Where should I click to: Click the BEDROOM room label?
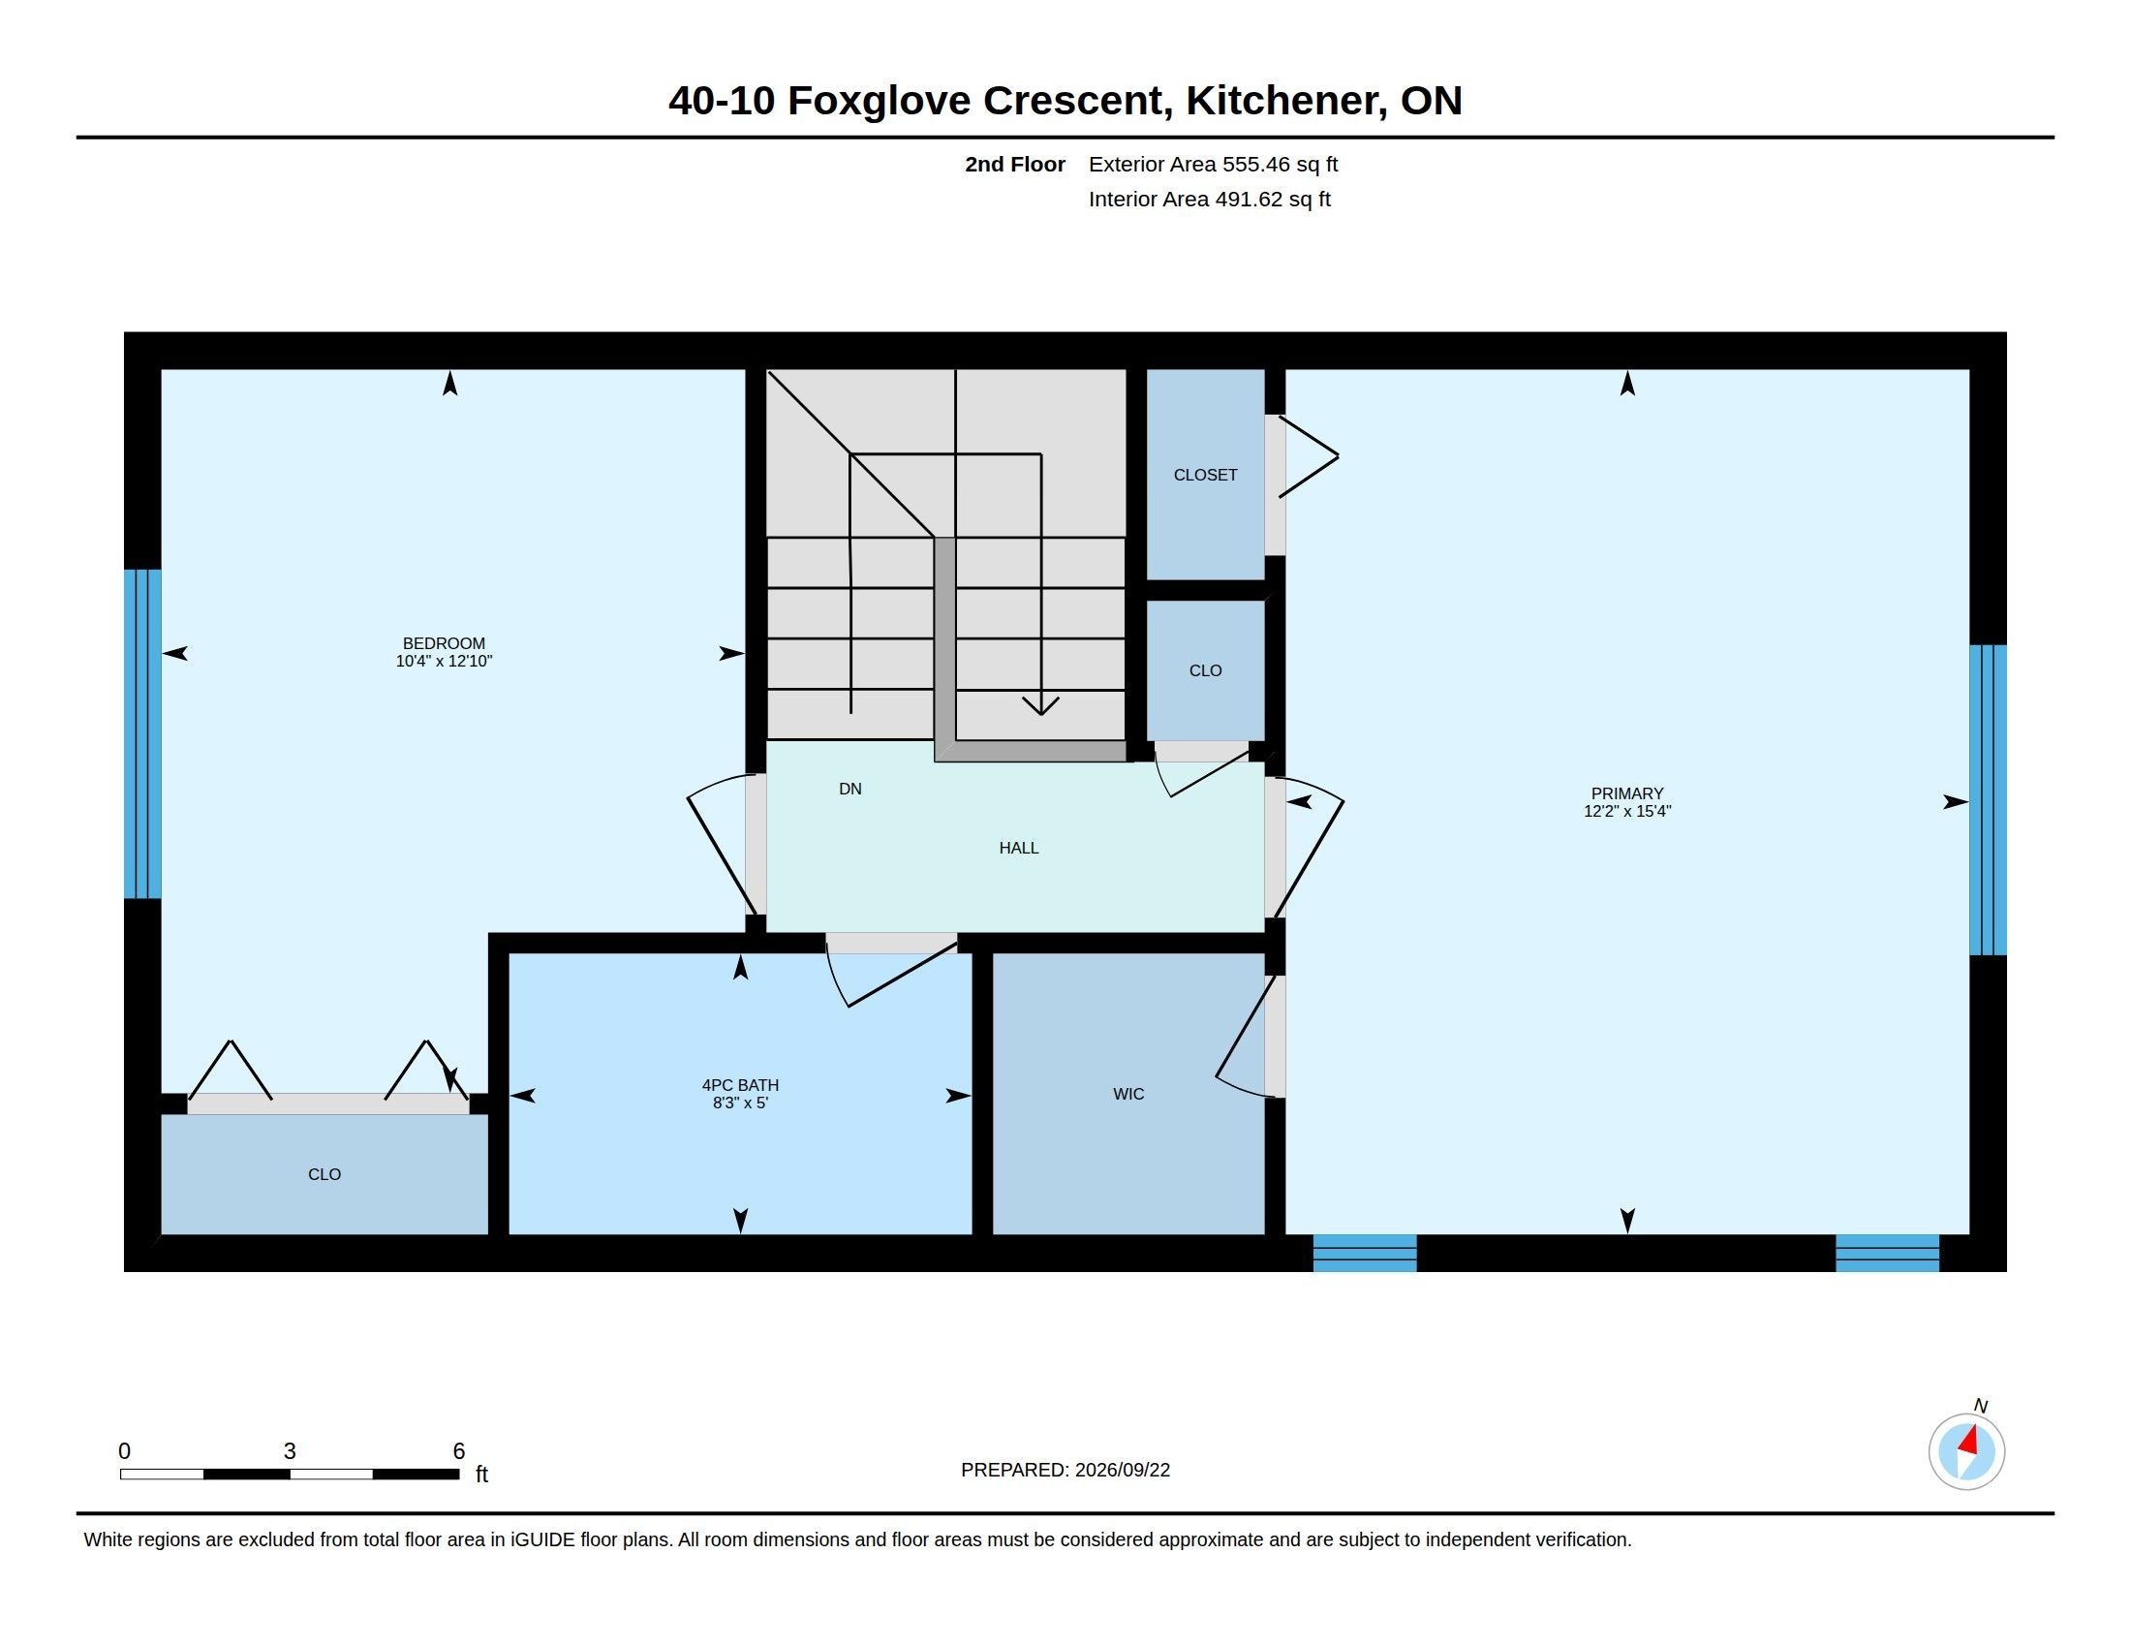[444, 643]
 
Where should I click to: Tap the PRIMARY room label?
[1626, 793]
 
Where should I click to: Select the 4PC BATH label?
[740, 1085]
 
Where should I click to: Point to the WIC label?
[1127, 1094]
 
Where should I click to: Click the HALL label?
[1019, 848]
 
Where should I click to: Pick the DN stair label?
[849, 789]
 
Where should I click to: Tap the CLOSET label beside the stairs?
[1205, 474]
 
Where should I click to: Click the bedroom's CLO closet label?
[324, 1174]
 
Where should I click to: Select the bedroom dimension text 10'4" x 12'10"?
[444, 661]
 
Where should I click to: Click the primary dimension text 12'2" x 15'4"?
[1626, 811]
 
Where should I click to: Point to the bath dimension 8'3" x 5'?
[740, 1103]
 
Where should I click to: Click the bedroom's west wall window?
[142, 733]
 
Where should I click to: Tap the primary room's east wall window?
[1988, 799]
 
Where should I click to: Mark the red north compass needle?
[1969, 1440]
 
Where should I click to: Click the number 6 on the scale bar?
[458, 1451]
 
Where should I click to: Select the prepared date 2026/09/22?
[1122, 1470]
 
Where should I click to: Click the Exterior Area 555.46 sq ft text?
[1213, 164]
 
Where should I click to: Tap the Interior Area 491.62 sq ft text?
[1209, 199]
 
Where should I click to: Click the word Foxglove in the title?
[880, 102]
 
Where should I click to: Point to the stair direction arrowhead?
[1041, 706]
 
